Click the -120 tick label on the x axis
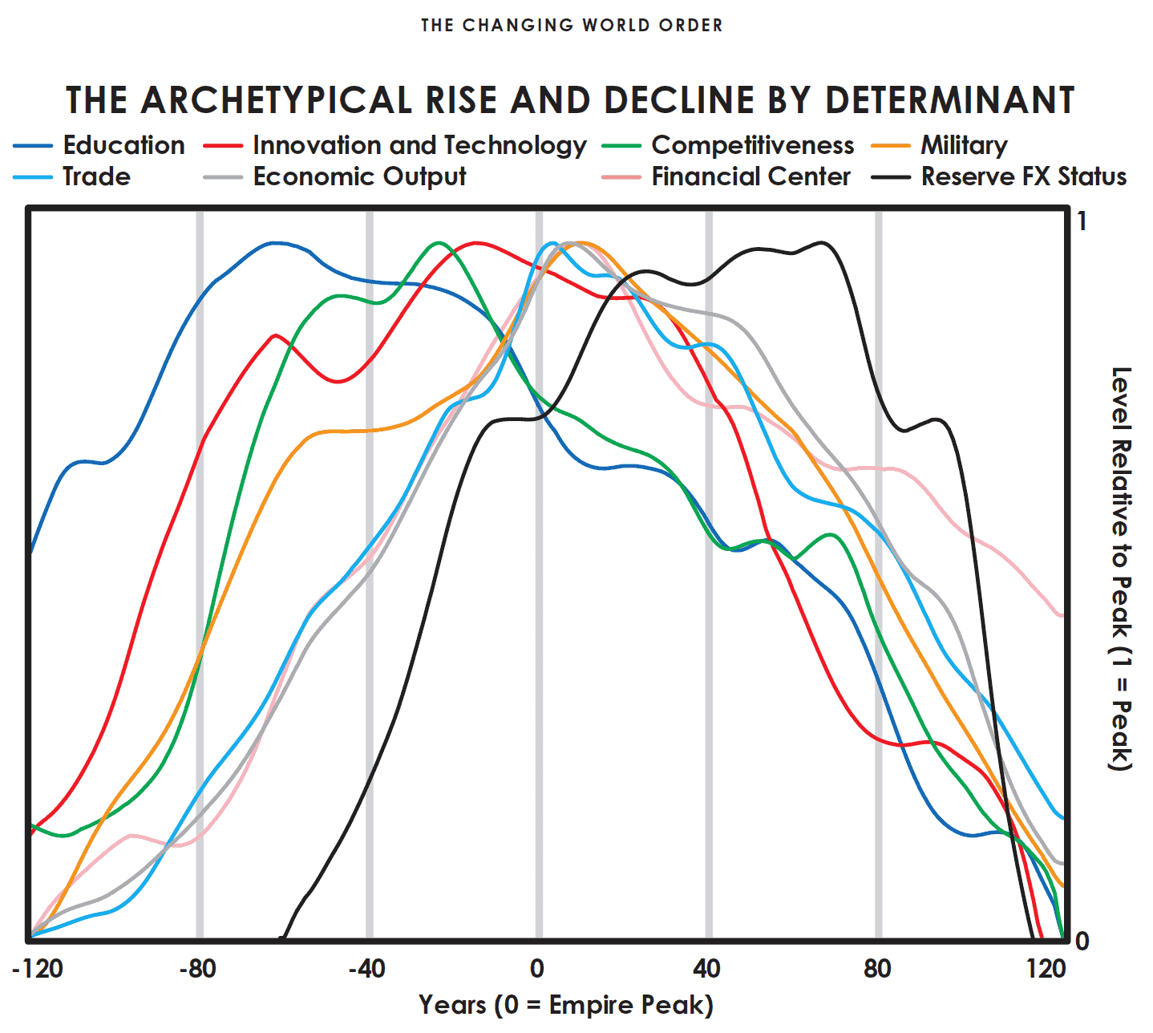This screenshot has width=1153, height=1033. tap(38, 969)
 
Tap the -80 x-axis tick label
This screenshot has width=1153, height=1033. tap(197, 969)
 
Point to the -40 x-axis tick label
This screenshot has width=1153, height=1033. tap(367, 969)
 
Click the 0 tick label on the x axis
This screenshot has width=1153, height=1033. tap(537, 969)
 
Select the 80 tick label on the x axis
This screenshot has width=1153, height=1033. tap(877, 969)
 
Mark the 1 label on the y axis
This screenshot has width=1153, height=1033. tap(1082, 221)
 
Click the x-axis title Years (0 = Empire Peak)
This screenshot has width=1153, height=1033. tap(565, 1005)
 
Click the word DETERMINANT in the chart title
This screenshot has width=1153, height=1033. tap(949, 100)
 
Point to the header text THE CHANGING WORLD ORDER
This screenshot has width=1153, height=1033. tap(572, 26)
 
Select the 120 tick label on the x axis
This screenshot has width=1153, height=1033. tap(1046, 969)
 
